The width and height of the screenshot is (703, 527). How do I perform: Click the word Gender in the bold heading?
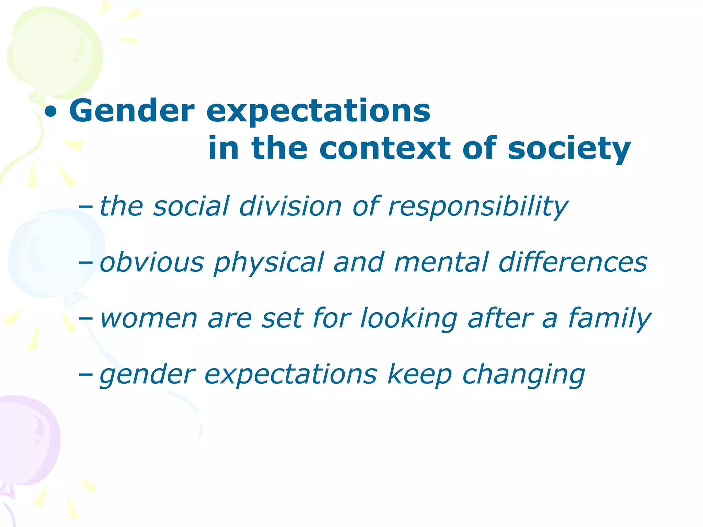click(132, 111)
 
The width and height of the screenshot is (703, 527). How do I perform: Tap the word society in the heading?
click(569, 149)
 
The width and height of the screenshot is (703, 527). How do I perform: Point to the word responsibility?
click(478, 207)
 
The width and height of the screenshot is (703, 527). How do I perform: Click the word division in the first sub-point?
click(290, 206)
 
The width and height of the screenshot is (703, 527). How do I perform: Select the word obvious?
click(152, 262)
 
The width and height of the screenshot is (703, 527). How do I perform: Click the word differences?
click(573, 262)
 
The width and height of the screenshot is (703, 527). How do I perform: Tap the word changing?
click(523, 375)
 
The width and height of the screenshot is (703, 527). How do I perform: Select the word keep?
click(419, 375)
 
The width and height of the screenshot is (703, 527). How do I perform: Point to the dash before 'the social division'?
click(85, 207)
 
